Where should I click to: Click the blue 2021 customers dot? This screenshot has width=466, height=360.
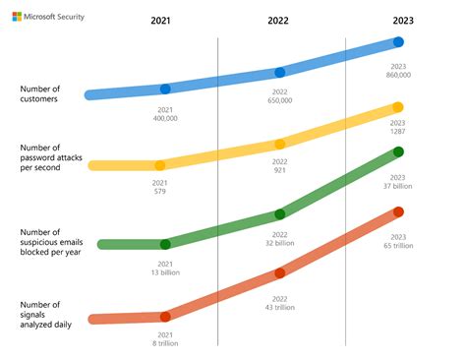[x=165, y=90]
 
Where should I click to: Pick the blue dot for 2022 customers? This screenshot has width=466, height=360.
[x=280, y=72]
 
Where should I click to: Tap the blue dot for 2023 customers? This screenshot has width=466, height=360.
[x=398, y=42]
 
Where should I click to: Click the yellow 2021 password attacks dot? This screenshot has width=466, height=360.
[x=159, y=165]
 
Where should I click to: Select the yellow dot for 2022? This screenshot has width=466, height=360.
[x=280, y=144]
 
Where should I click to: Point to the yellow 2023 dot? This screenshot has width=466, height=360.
[x=398, y=107]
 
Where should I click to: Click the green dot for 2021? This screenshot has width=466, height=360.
[x=165, y=244]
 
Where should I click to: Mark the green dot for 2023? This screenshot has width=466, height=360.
[x=398, y=151]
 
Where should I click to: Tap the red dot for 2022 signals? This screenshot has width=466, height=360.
[x=280, y=273]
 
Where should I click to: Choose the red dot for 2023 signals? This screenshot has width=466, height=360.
[x=398, y=211]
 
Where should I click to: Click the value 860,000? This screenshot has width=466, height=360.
[x=398, y=75]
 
